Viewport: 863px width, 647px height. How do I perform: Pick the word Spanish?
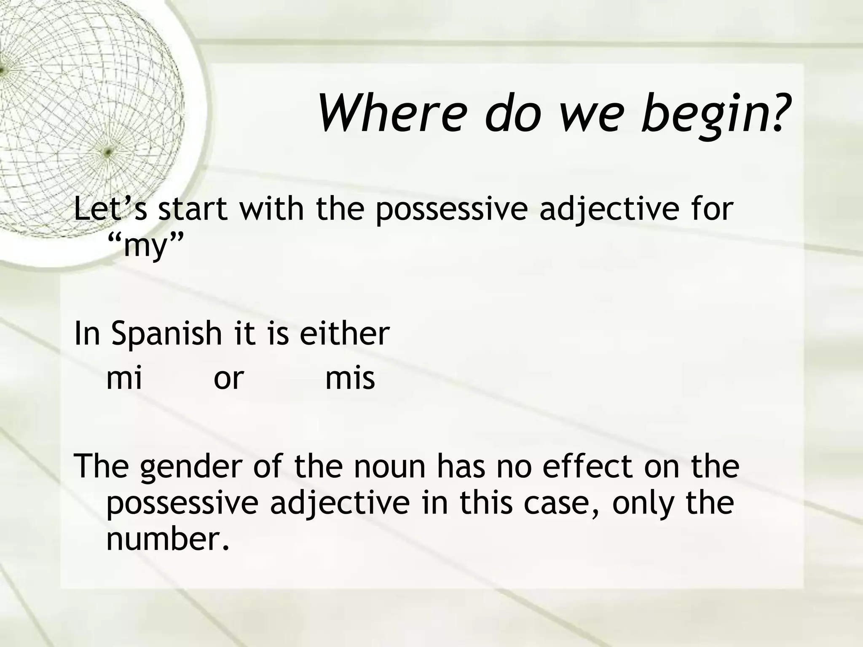[166, 333]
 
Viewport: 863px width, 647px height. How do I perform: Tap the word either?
[344, 333]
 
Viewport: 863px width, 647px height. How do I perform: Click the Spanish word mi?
[124, 378]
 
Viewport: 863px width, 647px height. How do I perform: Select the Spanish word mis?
[350, 378]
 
